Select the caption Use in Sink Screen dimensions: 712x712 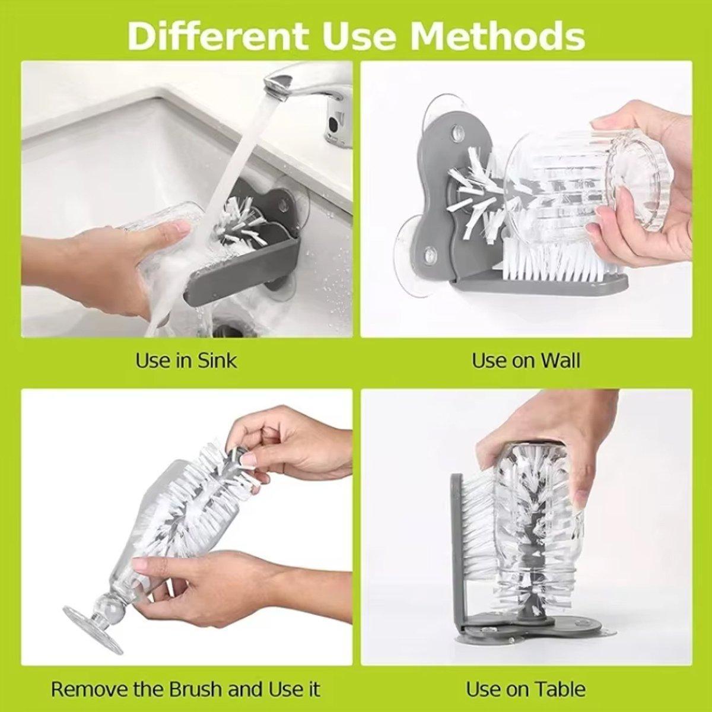[x=186, y=360]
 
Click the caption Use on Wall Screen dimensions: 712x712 [x=526, y=360]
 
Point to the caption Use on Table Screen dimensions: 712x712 [x=526, y=689]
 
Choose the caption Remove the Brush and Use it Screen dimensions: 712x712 [x=186, y=689]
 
